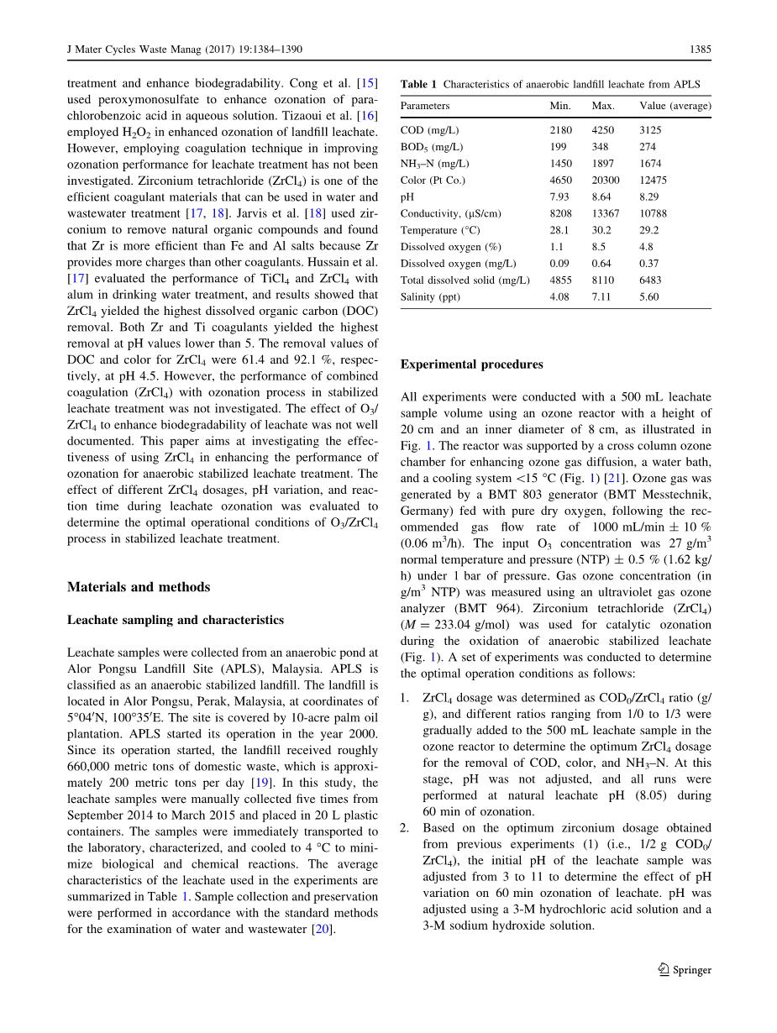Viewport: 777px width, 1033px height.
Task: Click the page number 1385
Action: [x=700, y=50]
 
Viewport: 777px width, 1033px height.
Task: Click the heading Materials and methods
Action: [x=139, y=587]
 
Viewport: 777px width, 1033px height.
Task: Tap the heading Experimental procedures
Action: [x=471, y=364]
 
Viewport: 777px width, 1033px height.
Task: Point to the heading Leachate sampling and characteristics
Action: [x=175, y=620]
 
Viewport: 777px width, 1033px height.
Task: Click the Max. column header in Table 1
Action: [x=603, y=106]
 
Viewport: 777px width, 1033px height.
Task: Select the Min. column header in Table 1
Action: [x=560, y=106]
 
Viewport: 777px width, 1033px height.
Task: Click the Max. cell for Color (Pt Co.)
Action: [x=606, y=180]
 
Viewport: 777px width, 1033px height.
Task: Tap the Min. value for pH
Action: [x=559, y=197]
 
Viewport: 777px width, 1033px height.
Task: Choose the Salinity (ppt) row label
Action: [x=431, y=296]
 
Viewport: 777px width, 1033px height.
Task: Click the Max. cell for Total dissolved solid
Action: [x=603, y=280]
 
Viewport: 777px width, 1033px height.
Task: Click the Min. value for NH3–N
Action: [x=561, y=163]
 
